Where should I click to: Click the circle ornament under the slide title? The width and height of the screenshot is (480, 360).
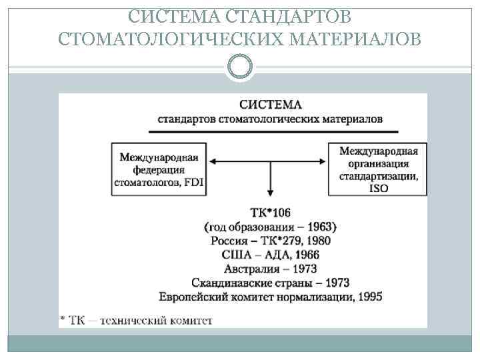[x=240, y=67]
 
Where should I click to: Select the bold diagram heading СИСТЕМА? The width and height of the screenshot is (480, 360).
[x=270, y=105]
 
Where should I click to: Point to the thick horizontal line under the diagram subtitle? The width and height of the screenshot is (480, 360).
[x=270, y=129]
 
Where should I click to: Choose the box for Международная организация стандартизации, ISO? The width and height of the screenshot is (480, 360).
[x=378, y=169]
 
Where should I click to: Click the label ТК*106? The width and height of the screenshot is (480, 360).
[x=270, y=213]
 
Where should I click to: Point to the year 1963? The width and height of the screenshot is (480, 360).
[x=322, y=227]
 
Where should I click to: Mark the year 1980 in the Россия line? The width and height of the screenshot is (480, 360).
[x=316, y=241]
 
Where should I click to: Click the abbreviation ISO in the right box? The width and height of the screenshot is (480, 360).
[x=378, y=188]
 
